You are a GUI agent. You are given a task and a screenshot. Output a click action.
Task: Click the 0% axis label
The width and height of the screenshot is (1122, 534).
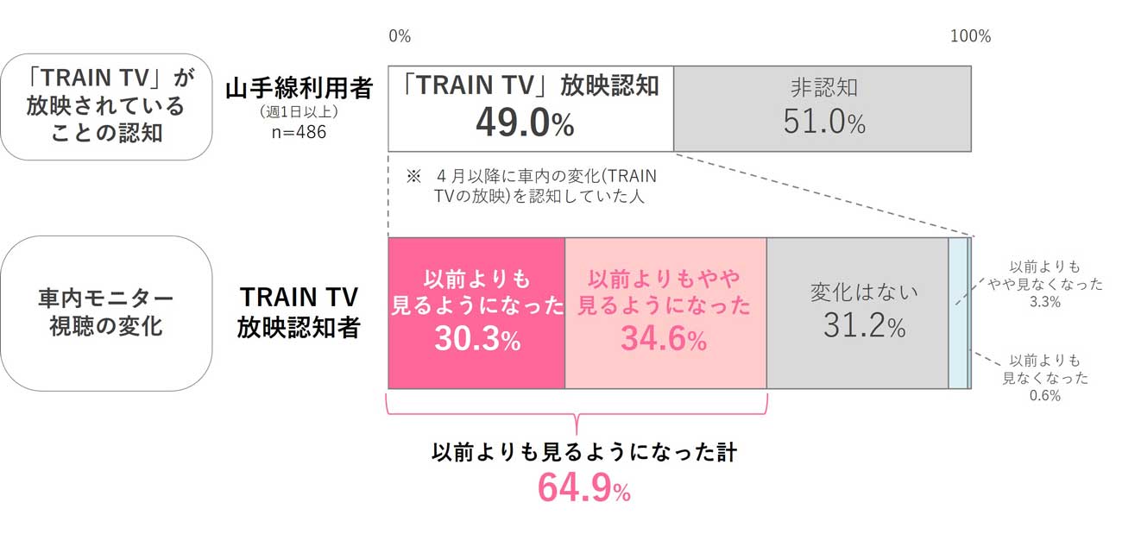[x=400, y=36]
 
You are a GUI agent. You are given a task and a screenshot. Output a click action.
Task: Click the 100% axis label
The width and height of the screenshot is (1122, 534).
[x=970, y=36]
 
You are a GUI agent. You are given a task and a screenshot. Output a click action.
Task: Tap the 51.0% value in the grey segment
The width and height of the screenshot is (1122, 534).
[x=824, y=123]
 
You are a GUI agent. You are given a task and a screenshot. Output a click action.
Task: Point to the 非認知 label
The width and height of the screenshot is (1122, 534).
[x=824, y=88]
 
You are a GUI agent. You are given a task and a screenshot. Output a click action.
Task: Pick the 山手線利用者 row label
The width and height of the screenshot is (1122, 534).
[x=299, y=89]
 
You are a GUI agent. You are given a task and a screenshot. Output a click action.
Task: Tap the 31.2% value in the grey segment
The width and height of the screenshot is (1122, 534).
[x=857, y=327]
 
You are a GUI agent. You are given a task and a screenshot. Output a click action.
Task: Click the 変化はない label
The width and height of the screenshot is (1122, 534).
[x=857, y=292]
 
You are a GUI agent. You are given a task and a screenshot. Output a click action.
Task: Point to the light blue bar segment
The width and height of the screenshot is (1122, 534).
[x=957, y=313]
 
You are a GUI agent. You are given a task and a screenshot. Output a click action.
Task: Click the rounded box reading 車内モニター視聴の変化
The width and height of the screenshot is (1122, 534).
[x=106, y=313]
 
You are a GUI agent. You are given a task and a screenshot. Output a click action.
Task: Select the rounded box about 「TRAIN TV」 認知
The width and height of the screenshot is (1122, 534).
[x=106, y=105]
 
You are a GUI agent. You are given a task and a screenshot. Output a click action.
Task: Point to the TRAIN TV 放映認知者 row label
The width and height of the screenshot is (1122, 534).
[x=299, y=313]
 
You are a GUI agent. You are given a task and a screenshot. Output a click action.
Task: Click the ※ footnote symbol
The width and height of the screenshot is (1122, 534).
[x=413, y=177]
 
